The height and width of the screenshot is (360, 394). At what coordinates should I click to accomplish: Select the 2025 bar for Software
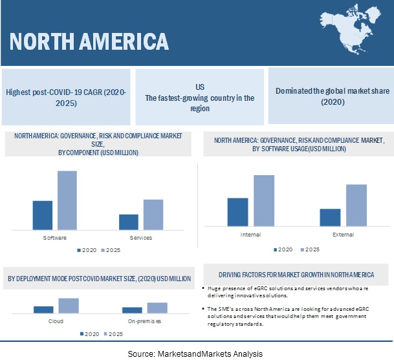pyautogui.click(x=67, y=200)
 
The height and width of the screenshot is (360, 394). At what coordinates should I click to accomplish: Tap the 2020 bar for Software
pyautogui.click(x=43, y=215)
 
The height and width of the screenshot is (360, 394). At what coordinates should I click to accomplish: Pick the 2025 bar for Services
pyautogui.click(x=153, y=215)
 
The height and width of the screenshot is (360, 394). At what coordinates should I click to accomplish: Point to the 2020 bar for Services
pyautogui.click(x=129, y=222)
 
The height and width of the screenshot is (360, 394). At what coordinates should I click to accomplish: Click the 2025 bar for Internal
pyautogui.click(x=263, y=200)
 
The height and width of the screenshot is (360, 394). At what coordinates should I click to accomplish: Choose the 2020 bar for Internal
pyautogui.click(x=238, y=212)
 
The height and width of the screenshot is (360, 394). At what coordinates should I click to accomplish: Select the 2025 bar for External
pyautogui.click(x=356, y=205)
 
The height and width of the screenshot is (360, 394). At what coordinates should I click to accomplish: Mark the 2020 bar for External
pyautogui.click(x=330, y=217)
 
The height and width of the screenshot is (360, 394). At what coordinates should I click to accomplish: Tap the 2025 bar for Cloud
pyautogui.click(x=69, y=306)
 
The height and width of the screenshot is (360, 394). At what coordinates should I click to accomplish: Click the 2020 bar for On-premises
pyautogui.click(x=132, y=310)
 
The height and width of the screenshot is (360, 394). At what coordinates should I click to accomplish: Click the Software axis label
pyautogui.click(x=55, y=238)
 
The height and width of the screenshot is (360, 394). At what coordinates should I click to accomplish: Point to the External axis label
pyautogui.click(x=343, y=234)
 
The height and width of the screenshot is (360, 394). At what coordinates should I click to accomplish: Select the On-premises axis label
pyautogui.click(x=144, y=321)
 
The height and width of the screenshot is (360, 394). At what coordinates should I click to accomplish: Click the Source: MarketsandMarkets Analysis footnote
pyautogui.click(x=195, y=354)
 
